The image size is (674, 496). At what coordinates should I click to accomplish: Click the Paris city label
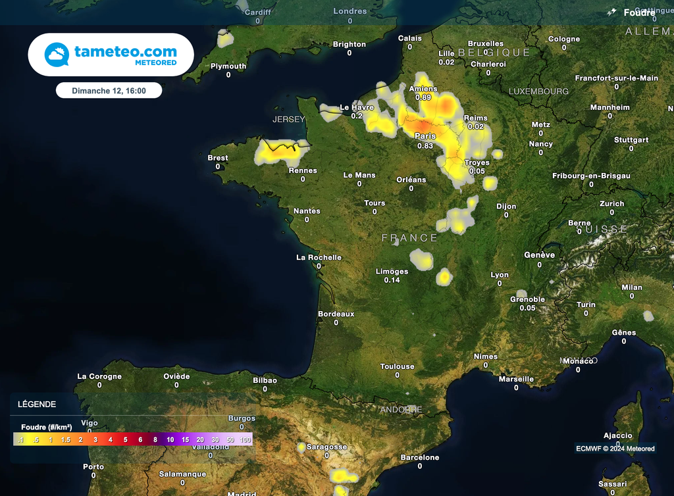[x=425, y=136]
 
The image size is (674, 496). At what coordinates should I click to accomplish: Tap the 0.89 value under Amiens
[x=423, y=97]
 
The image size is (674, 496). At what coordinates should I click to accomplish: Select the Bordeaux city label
[x=336, y=314]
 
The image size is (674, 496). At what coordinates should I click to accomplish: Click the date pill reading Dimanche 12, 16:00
[x=109, y=90]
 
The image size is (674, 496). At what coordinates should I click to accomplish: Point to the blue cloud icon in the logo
[x=57, y=55]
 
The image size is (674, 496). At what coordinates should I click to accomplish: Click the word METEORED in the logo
[x=155, y=62]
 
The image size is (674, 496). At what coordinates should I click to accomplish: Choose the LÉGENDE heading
[x=37, y=405]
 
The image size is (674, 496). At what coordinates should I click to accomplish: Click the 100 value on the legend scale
[x=246, y=439]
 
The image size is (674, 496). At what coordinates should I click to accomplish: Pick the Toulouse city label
[x=397, y=366]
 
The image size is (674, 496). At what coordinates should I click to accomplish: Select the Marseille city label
[x=516, y=379]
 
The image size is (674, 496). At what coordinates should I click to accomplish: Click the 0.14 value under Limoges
[x=392, y=280]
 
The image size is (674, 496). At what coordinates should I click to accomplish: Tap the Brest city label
[x=218, y=158]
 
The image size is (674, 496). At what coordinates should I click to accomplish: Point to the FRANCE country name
[x=409, y=237]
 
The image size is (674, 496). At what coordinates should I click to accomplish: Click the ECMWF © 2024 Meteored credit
[x=615, y=449]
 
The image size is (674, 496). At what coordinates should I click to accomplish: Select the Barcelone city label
[x=419, y=457]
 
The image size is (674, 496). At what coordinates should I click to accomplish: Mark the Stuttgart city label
[x=631, y=140]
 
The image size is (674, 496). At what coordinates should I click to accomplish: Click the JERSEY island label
[x=289, y=119]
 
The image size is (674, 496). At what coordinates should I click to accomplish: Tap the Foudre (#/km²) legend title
[x=47, y=427]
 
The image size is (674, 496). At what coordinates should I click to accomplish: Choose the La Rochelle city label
[x=319, y=257]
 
